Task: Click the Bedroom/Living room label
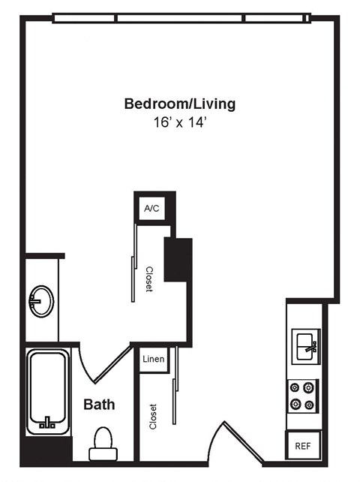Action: click(x=179, y=104)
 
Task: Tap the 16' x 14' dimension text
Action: click(x=179, y=122)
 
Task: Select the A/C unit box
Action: click(x=152, y=209)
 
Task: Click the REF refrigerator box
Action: click(x=304, y=445)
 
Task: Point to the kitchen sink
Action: click(x=305, y=347)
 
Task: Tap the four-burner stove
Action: click(x=303, y=396)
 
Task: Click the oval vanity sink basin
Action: click(x=41, y=302)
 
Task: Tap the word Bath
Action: click(x=99, y=405)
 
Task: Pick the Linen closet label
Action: click(x=153, y=360)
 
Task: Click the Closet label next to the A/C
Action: click(x=148, y=279)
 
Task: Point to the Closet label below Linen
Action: click(x=153, y=417)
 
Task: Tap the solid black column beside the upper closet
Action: click(x=178, y=259)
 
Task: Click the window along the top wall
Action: click(x=180, y=17)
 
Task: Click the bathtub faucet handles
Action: click(x=47, y=423)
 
